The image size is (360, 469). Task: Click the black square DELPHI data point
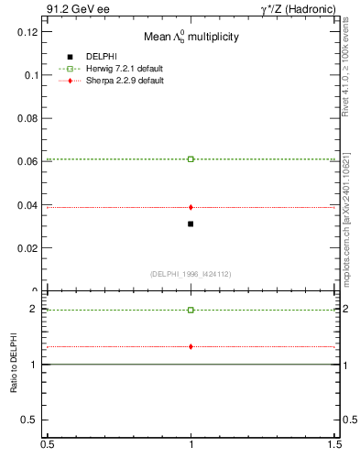(191, 224)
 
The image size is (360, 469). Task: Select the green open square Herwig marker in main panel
(191, 159)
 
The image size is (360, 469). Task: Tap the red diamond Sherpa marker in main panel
(191, 207)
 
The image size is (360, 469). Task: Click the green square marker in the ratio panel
(191, 310)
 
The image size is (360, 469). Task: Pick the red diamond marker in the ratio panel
(191, 346)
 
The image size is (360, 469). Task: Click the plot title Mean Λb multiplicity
(190, 38)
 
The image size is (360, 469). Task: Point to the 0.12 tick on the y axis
(27, 32)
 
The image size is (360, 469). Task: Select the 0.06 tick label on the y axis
(27, 162)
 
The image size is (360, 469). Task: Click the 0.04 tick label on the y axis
(27, 205)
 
